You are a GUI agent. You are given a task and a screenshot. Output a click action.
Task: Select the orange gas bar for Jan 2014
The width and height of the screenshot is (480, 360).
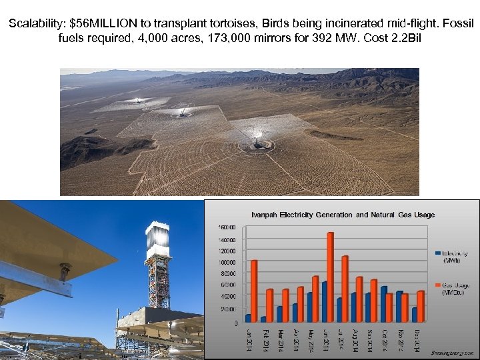(253, 291)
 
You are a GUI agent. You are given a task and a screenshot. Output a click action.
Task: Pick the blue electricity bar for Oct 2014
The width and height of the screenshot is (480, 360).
(383, 304)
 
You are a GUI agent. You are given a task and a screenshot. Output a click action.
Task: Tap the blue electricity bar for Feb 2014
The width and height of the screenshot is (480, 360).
(263, 319)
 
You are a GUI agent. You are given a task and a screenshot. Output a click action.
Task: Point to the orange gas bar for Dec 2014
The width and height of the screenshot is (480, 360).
(421, 306)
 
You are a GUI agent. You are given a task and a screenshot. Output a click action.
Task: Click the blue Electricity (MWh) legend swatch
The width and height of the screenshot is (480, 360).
(438, 253)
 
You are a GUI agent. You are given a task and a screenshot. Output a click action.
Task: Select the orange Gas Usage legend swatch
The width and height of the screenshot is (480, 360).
(438, 285)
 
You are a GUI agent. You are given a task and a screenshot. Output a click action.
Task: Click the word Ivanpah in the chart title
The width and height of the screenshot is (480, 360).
(265, 215)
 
